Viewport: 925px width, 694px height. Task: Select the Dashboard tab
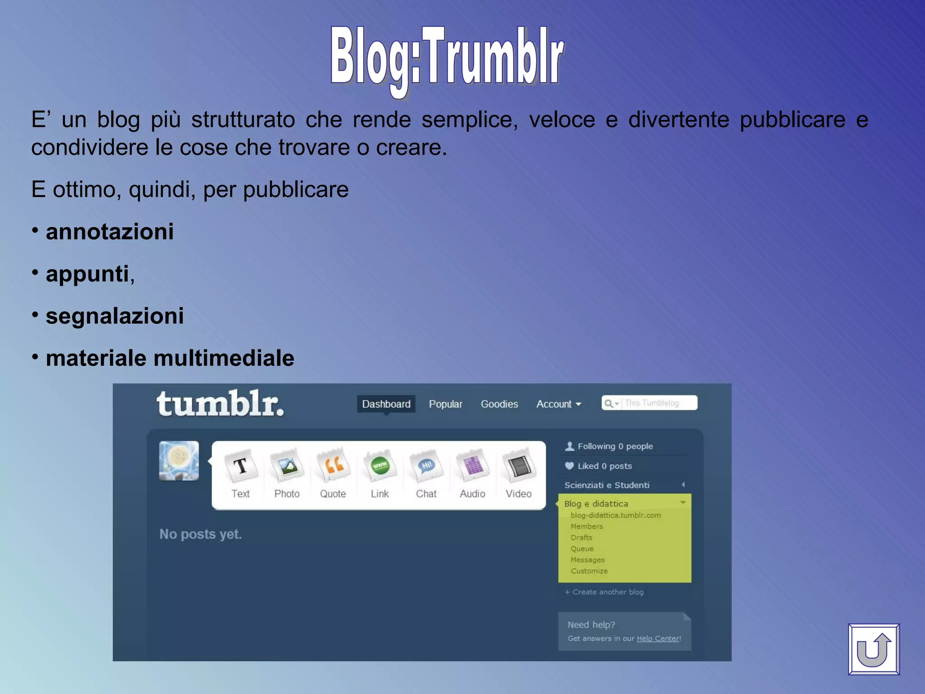tap(386, 404)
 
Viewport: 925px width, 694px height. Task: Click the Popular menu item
tap(445, 404)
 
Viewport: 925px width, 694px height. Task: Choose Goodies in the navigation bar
tap(499, 404)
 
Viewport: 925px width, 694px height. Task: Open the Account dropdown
tap(558, 404)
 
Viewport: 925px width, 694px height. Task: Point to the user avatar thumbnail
tap(179, 461)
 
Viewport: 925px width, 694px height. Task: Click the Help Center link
tap(658, 638)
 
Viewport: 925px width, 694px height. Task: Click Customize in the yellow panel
tap(589, 571)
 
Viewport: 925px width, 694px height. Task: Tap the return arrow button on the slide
tap(874, 649)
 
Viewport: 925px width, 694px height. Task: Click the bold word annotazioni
tap(110, 232)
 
